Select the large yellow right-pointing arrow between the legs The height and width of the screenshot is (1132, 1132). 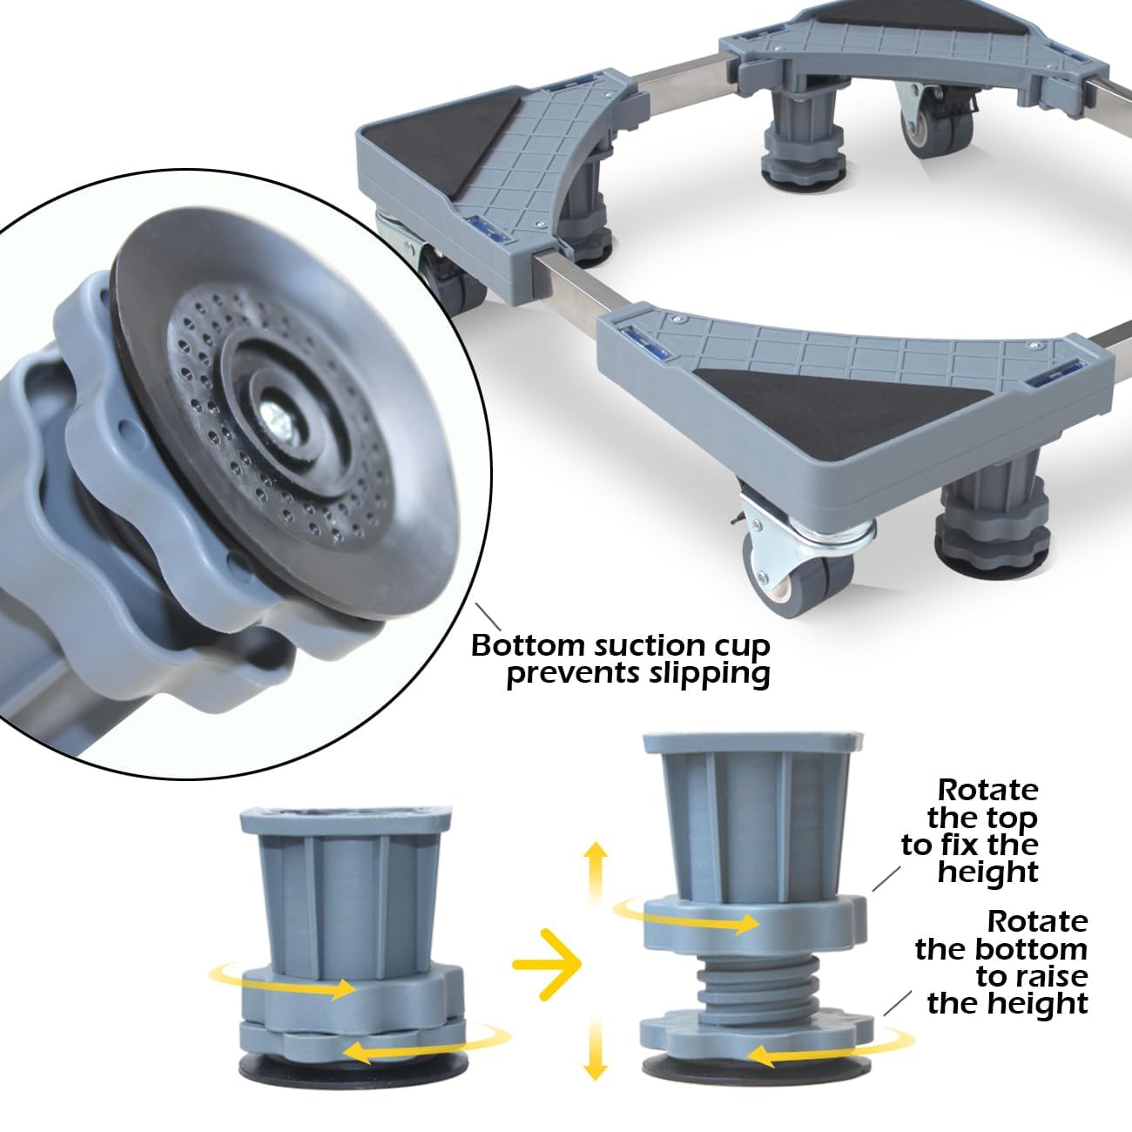tap(547, 964)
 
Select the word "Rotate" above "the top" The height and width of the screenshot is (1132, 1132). tap(987, 791)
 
